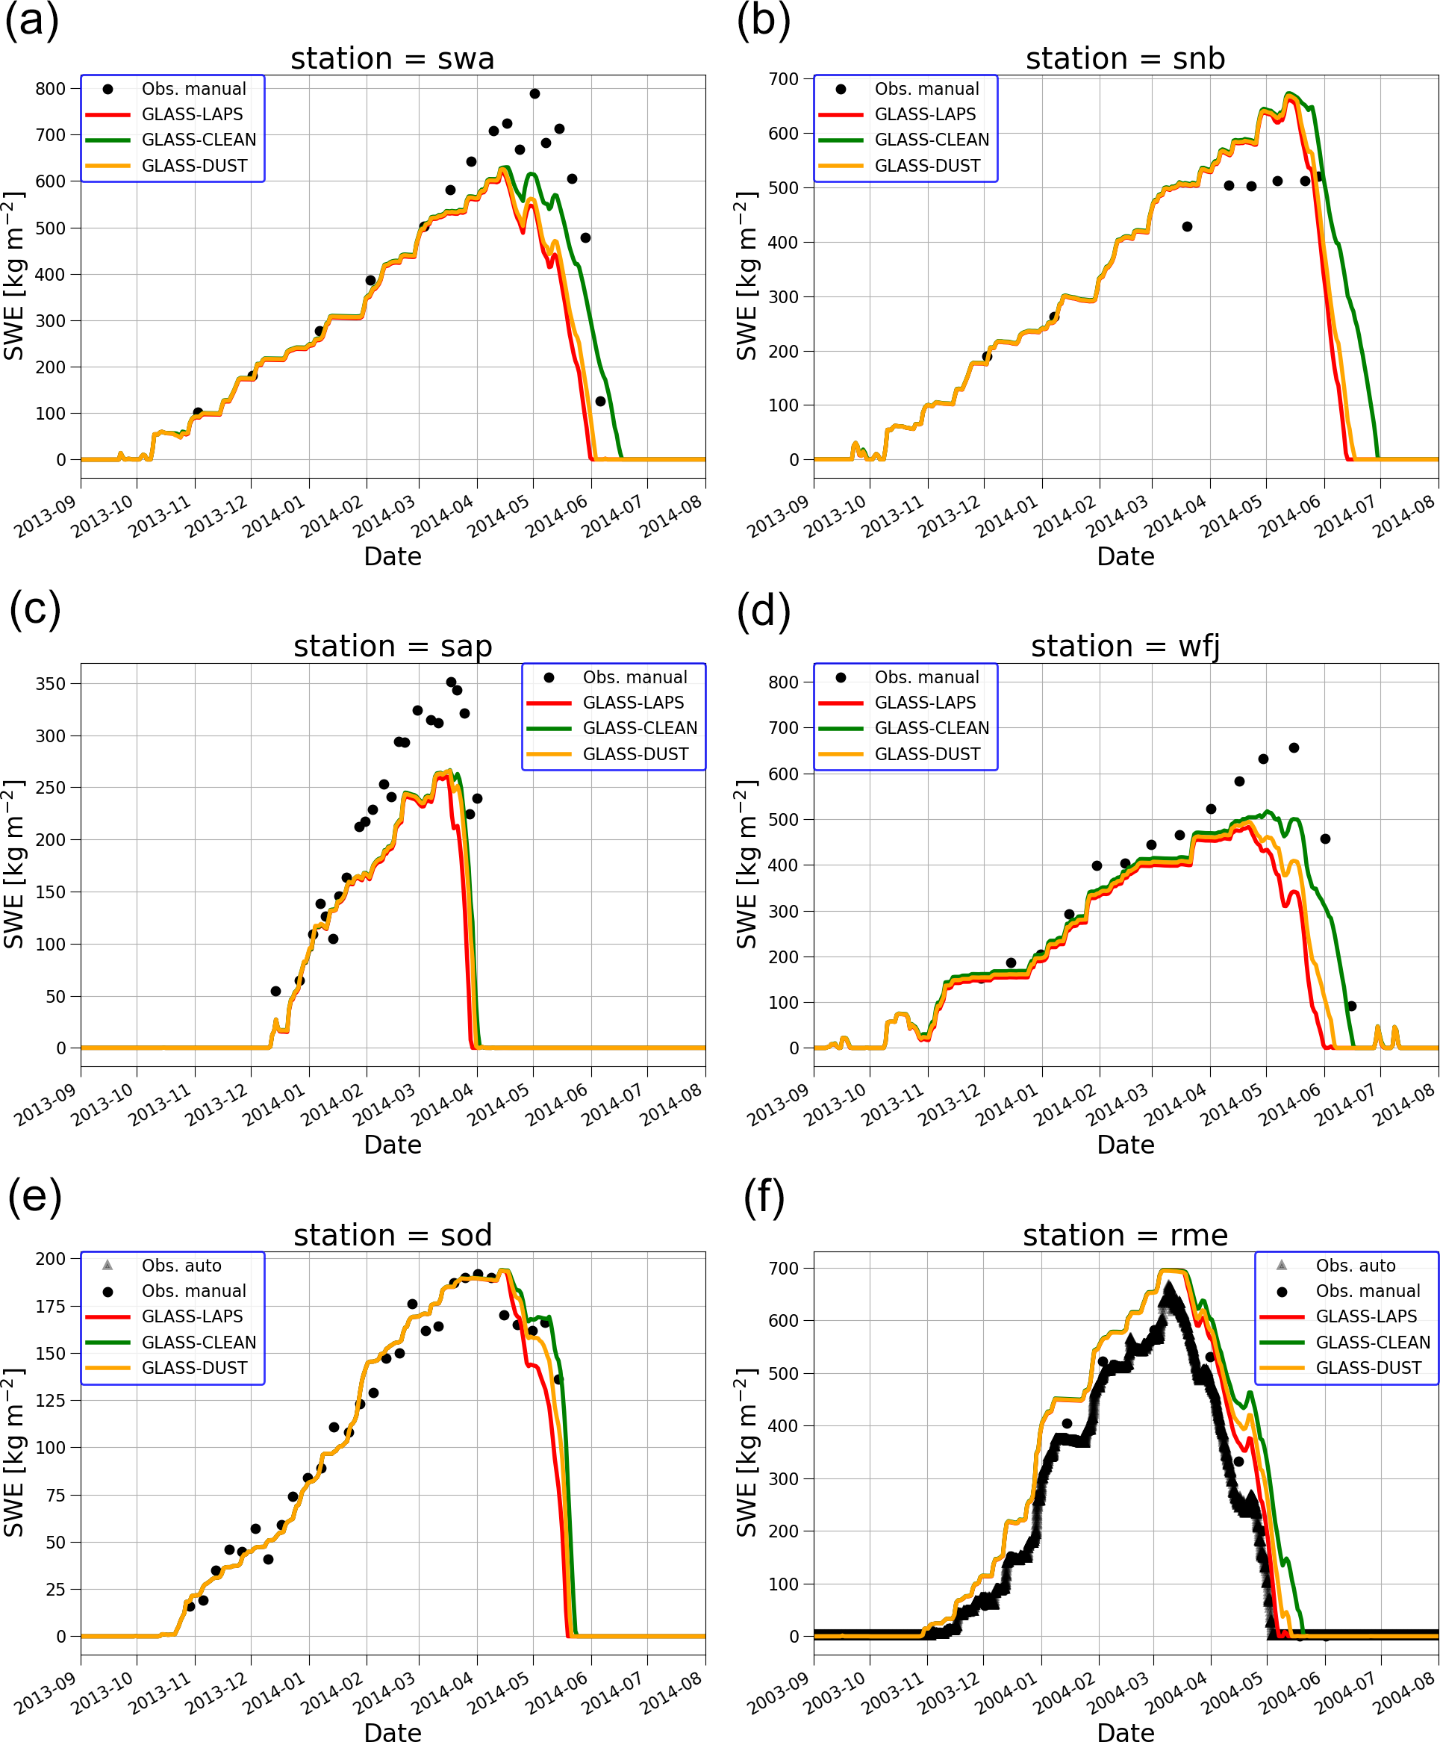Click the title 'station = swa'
393,59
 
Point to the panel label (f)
763,1197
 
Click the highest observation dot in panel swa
535,94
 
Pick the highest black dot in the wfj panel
1294,747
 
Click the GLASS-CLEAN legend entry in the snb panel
932,140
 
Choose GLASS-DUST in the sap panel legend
635,753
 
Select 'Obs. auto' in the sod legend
181,1265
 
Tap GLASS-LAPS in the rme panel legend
1366,1316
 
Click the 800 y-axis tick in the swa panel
51,89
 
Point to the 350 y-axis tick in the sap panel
51,683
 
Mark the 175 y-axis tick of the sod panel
51,1307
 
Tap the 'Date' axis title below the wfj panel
1125,1145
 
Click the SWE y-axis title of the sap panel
14,864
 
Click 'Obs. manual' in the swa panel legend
193,89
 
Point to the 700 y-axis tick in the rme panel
784,1269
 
